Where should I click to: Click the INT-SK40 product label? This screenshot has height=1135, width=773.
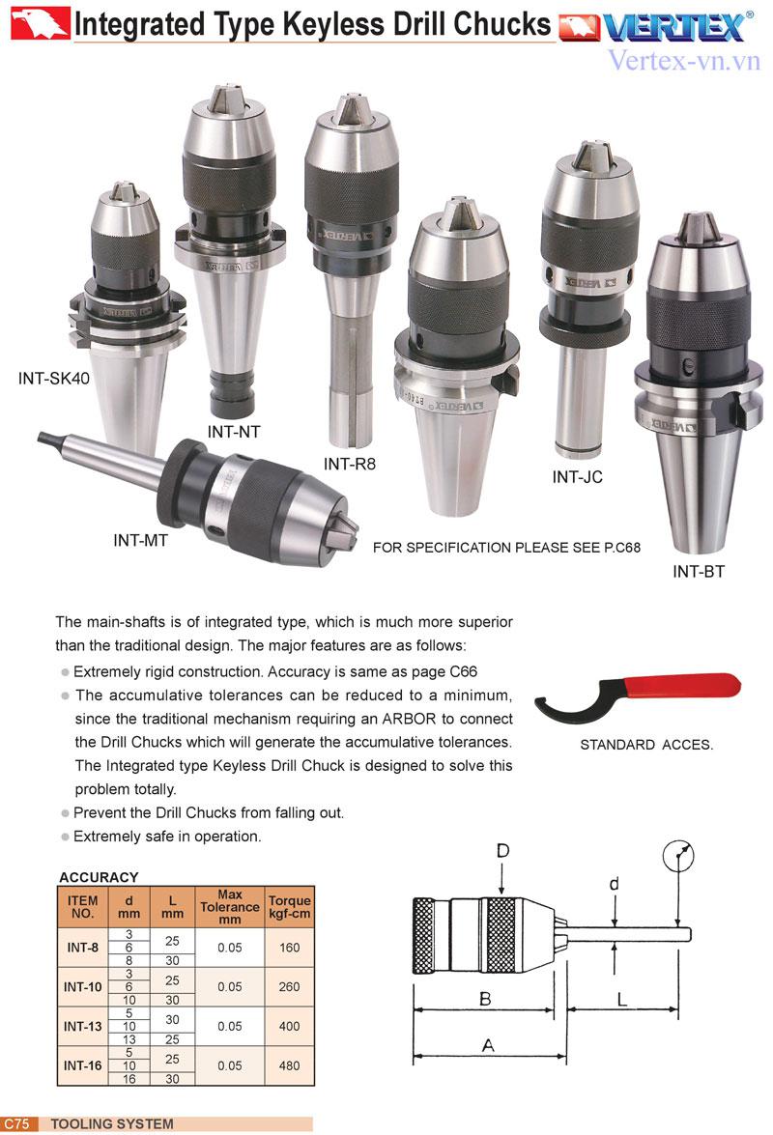coord(53,378)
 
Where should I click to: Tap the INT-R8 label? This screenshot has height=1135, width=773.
coord(350,464)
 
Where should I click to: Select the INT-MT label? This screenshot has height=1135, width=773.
coord(140,540)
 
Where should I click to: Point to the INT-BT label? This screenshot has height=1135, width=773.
coord(699,571)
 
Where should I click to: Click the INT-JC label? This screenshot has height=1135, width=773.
coord(577,476)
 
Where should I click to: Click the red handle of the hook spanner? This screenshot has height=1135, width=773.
coord(683,684)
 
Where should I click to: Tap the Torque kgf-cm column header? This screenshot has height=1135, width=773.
coord(290,907)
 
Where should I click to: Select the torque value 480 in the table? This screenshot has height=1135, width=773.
coord(290,1065)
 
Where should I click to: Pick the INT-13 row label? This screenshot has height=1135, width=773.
coord(82,1026)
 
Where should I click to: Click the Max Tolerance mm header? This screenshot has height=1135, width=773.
coord(229,907)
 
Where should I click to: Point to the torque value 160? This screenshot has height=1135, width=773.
coord(290,948)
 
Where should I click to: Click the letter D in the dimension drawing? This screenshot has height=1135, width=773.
coord(503,851)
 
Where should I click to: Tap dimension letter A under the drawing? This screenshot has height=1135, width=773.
coord(489,1045)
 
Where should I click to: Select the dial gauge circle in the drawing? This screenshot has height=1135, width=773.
coord(678,856)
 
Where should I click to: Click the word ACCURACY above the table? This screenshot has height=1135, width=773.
coord(99,876)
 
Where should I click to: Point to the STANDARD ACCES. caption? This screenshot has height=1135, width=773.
coord(646,744)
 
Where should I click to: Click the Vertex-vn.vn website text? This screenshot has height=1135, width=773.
coord(684,60)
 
